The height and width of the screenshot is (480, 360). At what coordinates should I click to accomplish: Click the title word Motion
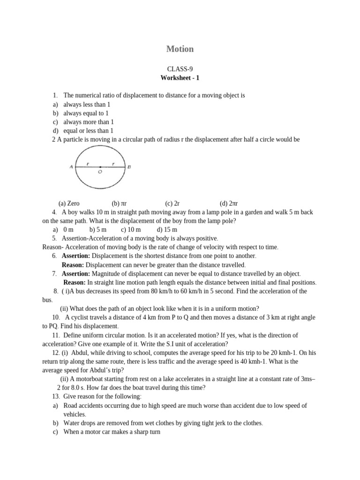[180, 49]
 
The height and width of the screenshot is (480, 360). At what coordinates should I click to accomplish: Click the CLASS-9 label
[180, 69]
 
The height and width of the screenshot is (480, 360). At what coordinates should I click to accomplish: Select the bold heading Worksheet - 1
[180, 78]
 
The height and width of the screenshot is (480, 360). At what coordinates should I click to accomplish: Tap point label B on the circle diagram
[129, 167]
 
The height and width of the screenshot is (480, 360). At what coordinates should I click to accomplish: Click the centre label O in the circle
[100, 172]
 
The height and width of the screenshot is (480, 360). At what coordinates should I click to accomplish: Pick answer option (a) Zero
[69, 203]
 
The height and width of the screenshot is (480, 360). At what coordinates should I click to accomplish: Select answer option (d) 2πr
[229, 203]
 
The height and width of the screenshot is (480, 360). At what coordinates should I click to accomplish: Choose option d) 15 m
[167, 230]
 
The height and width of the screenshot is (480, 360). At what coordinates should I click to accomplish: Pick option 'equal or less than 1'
[88, 131]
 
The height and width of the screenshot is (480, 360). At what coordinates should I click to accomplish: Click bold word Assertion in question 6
[76, 256]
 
